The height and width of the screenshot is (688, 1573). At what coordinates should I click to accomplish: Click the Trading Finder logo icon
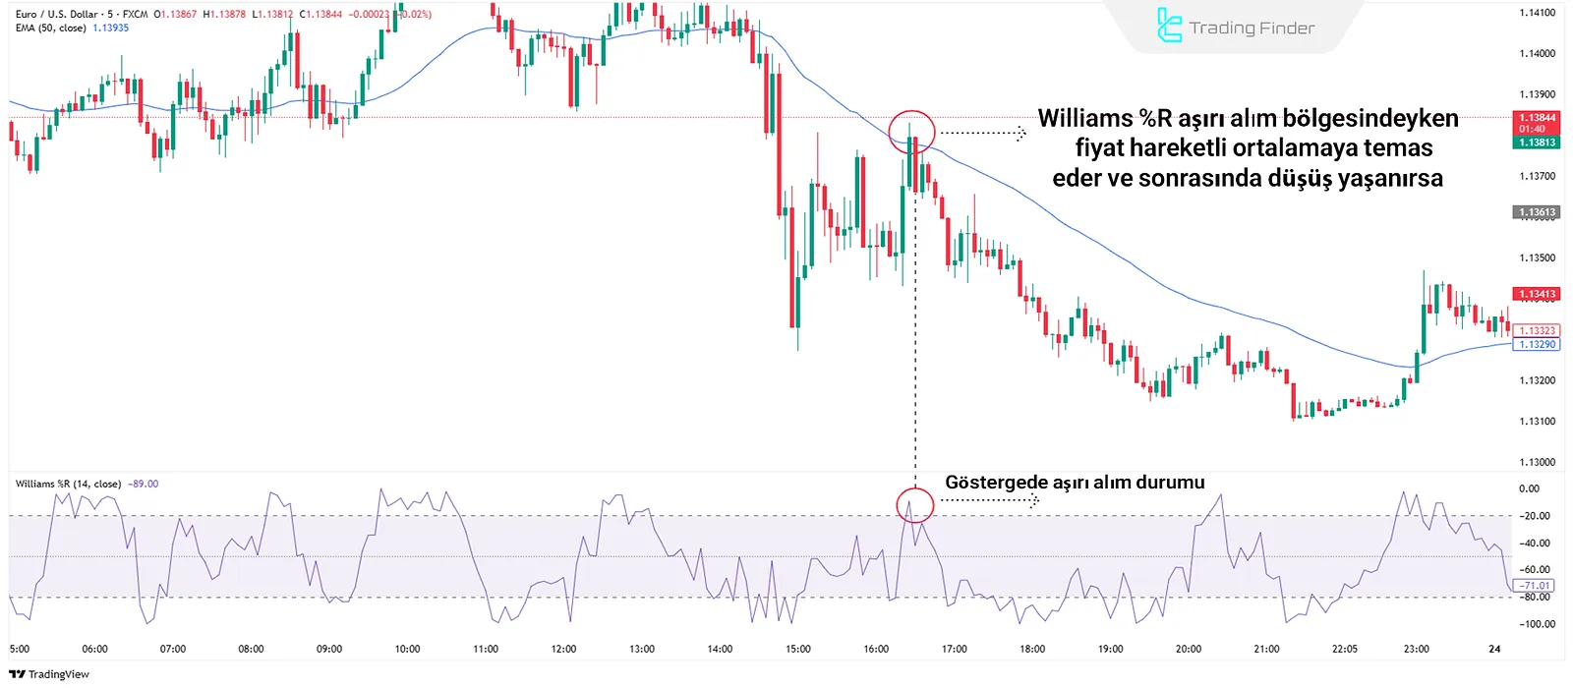1169,27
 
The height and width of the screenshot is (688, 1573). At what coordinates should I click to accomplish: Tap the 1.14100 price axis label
1537,13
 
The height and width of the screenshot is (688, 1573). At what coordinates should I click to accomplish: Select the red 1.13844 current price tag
1537,118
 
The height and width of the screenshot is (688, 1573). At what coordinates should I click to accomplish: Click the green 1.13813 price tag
1537,143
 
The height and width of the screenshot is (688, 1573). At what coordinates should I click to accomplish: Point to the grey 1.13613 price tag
1537,212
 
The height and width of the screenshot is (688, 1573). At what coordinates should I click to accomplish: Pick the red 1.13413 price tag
1537,294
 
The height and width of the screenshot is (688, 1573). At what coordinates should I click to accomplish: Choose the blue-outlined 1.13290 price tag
1537,345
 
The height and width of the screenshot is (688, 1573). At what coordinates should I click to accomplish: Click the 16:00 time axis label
876,649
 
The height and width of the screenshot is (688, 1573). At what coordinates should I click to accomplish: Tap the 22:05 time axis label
1344,649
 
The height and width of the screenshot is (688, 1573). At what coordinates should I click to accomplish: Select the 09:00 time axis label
328,649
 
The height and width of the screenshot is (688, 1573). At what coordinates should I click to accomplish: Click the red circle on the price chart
911,132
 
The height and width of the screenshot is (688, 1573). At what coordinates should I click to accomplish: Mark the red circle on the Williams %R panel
914,505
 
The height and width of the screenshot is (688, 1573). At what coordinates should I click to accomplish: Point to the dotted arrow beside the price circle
982,133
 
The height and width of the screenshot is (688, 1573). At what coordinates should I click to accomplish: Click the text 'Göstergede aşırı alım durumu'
1075,483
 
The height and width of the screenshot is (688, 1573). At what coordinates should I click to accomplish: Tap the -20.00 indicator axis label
1535,516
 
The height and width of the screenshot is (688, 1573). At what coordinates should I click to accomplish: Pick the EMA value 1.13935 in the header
111,29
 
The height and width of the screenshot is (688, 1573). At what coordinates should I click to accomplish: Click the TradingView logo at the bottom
49,674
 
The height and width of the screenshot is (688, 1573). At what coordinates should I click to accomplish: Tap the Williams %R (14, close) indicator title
68,484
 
